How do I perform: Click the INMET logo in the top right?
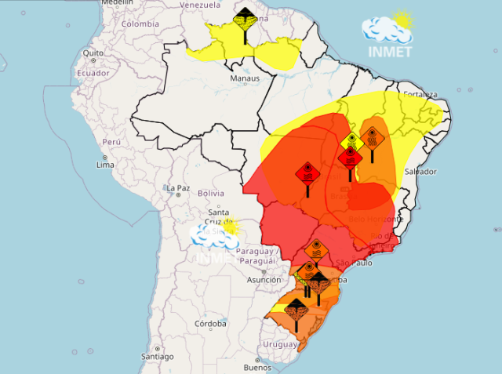[387, 34]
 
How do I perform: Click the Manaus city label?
[244, 79]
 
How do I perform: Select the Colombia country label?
[140, 24]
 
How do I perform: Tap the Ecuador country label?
[92, 72]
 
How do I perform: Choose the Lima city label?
[104, 165]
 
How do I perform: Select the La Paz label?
[178, 188]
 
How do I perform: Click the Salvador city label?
[420, 171]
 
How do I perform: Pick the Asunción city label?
[264, 280]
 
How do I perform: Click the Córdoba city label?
[210, 323]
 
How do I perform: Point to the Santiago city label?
[158, 356]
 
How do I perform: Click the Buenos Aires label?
[257, 368]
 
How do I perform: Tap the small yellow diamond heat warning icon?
[352, 141]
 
